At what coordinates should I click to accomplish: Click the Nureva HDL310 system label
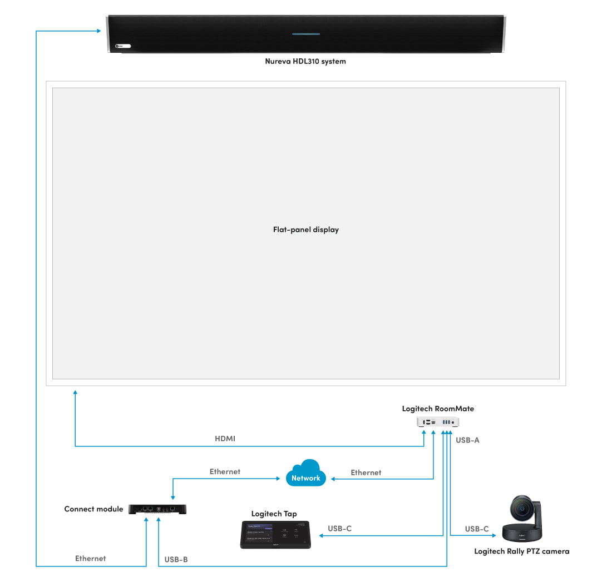[305, 61]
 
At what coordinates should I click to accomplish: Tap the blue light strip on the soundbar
[306, 34]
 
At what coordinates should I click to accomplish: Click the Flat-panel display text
[305, 230]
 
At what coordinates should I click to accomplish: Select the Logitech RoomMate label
[438, 409]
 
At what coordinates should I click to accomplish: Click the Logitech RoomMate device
[438, 422]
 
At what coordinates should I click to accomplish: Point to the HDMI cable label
[225, 439]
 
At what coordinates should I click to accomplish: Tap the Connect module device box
[157, 509]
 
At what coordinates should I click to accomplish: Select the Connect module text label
[93, 509]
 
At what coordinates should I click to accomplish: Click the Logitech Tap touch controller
[275, 534]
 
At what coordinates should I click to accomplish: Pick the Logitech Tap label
[274, 514]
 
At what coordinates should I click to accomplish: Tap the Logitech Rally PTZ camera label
[521, 551]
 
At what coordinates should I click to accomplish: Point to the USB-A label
[467, 440]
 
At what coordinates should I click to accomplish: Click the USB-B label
[176, 559]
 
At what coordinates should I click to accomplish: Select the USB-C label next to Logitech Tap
[339, 529]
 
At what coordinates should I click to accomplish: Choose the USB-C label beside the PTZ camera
[477, 529]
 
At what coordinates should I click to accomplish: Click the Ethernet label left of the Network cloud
[225, 471]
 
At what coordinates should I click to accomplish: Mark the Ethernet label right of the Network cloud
[366, 472]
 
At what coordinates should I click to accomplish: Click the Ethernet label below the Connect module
[90, 558]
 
